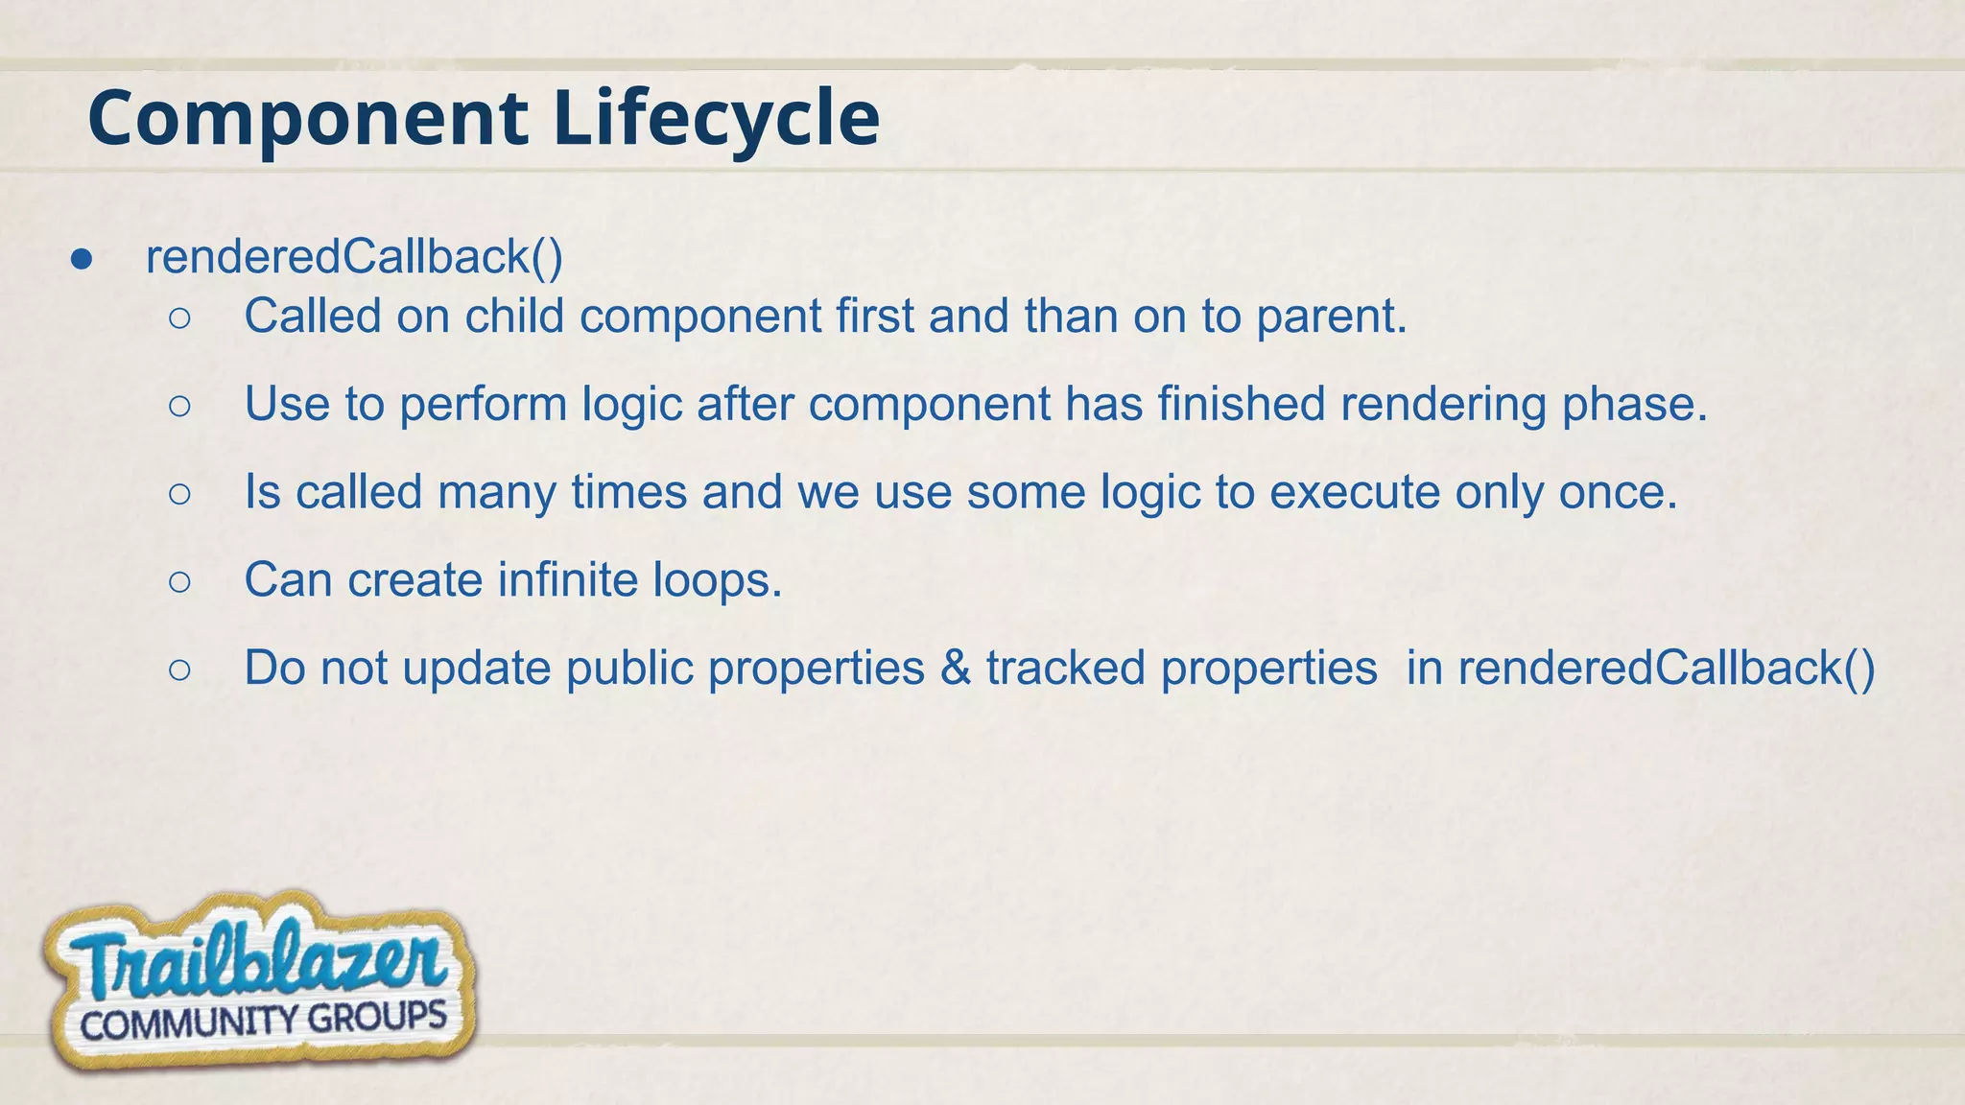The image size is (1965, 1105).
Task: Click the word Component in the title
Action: pyautogui.click(x=307, y=119)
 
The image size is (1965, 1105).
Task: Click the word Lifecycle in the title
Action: pyautogui.click(x=716, y=119)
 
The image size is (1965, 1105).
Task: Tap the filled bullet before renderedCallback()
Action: pyautogui.click(x=82, y=259)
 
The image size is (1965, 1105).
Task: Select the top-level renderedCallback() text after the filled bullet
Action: pyautogui.click(x=354, y=257)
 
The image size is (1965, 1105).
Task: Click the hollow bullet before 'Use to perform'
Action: pyautogui.click(x=179, y=406)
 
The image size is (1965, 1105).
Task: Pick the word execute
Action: pyautogui.click(x=1355, y=493)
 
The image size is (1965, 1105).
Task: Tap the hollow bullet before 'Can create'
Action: pyautogui.click(x=179, y=581)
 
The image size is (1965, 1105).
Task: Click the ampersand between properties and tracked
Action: pyautogui.click(x=955, y=669)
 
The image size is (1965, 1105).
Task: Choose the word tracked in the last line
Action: pyautogui.click(x=1066, y=669)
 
